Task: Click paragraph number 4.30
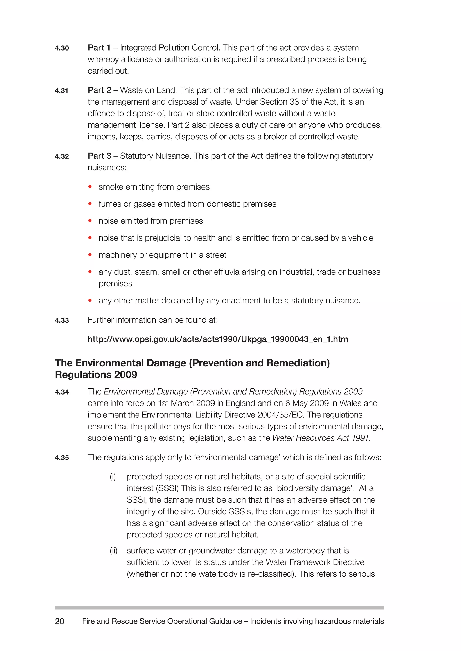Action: pyautogui.click(x=62, y=48)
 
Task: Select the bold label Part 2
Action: pyautogui.click(x=99, y=90)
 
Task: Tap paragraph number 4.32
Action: pyautogui.click(x=62, y=156)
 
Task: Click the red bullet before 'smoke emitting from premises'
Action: pyautogui.click(x=90, y=187)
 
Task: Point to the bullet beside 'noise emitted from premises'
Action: pyautogui.click(x=90, y=221)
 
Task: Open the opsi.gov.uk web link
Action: pyautogui.click(x=218, y=339)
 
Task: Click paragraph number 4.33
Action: pyautogui.click(x=62, y=320)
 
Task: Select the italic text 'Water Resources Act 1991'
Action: pyautogui.click(x=321, y=438)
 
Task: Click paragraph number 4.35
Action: pyautogui.click(x=62, y=458)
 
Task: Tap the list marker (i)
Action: pyautogui.click(x=113, y=477)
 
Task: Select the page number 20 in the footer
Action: pyautogui.click(x=60, y=622)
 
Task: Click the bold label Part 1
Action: pyautogui.click(x=99, y=48)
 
